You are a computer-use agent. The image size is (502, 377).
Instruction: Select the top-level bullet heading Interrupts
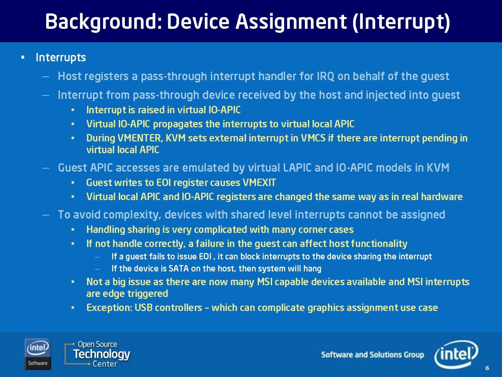click(x=61, y=57)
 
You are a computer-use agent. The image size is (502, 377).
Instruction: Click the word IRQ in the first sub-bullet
click(x=325, y=76)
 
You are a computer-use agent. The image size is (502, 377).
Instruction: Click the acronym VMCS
click(x=313, y=138)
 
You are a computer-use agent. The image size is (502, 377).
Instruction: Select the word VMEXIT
click(x=259, y=183)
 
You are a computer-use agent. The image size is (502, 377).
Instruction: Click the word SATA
click(x=179, y=269)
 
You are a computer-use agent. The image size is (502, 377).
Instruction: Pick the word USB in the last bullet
click(x=143, y=308)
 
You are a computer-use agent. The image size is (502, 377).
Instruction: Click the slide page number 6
click(x=487, y=368)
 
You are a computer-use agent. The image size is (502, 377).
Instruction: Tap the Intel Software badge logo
click(x=38, y=354)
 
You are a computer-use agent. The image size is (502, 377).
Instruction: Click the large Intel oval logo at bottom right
click(x=456, y=354)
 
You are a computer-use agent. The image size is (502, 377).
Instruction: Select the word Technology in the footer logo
click(x=102, y=354)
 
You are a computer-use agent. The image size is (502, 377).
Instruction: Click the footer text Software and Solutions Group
click(x=372, y=355)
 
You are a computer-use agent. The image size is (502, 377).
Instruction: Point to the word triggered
click(x=148, y=294)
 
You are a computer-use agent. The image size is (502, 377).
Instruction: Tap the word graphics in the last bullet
click(x=326, y=308)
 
